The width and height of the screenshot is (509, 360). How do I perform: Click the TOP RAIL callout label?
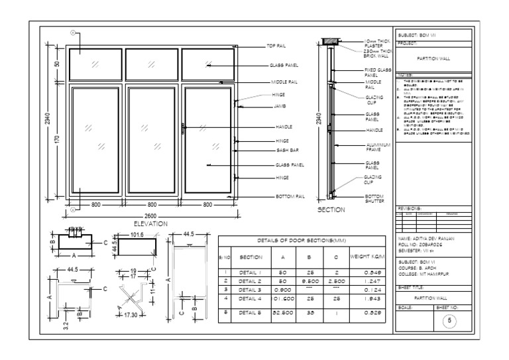276,46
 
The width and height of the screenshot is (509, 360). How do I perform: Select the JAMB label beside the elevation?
281,105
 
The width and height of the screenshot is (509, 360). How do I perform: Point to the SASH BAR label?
286,150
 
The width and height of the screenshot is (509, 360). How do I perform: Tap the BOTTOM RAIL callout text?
290,197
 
